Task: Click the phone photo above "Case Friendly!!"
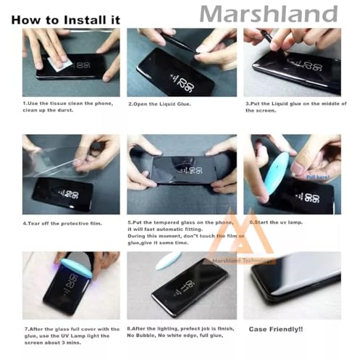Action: point(292,285)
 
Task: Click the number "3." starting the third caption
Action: point(248,104)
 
